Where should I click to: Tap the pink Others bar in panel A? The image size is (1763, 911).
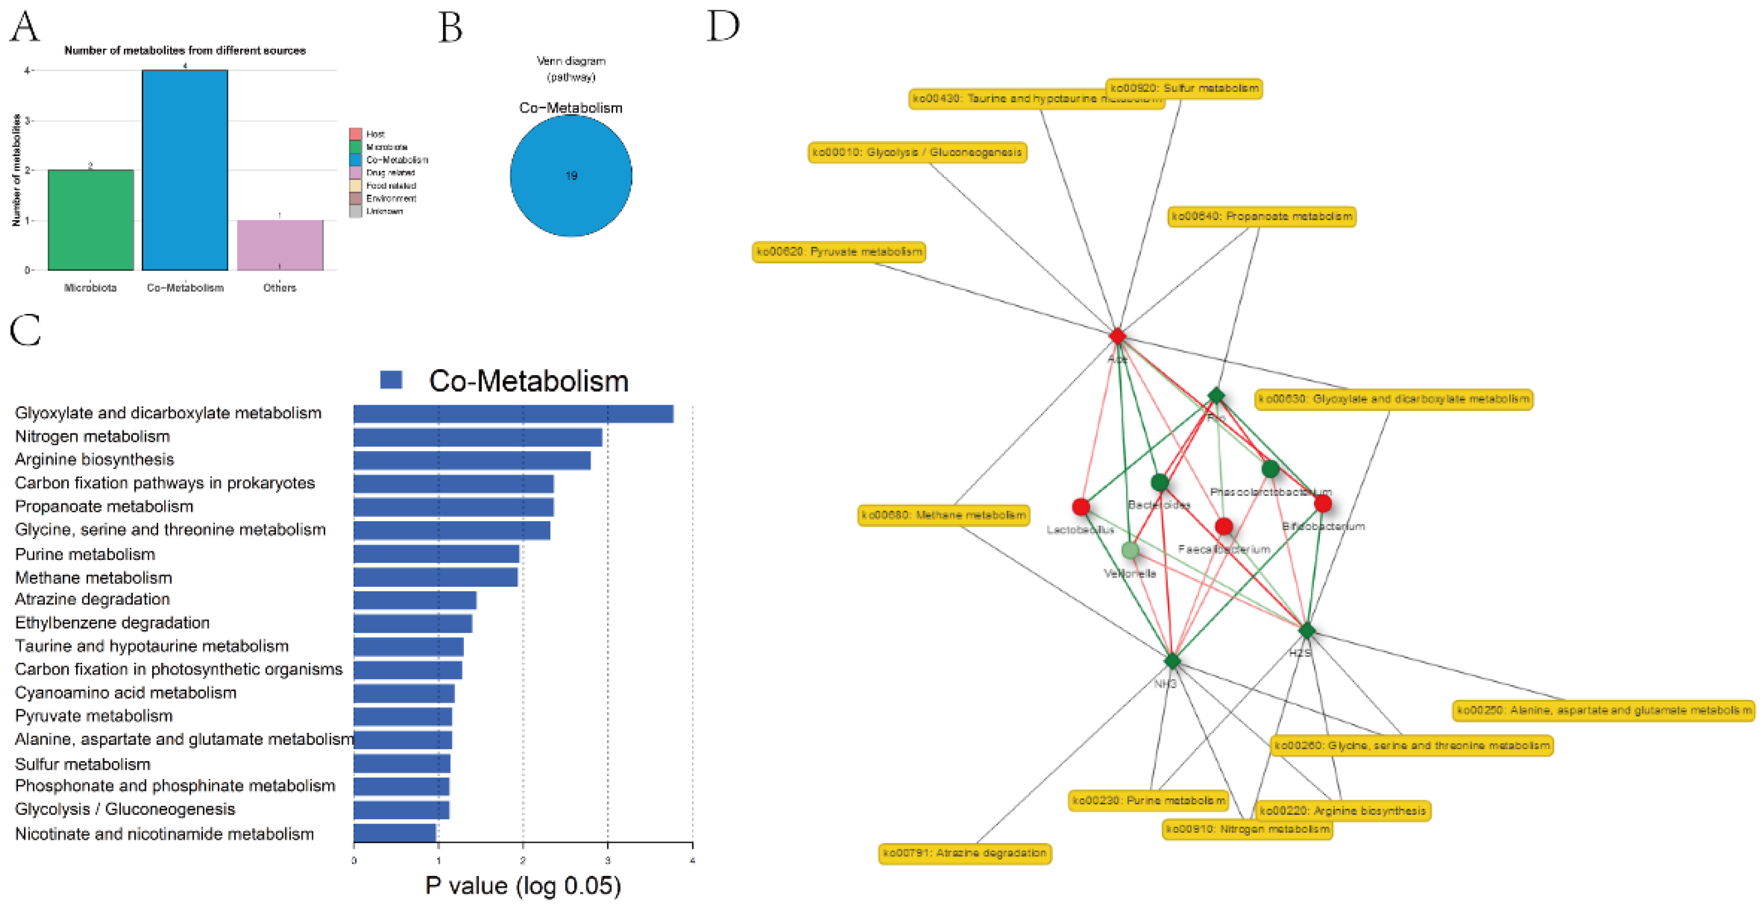click(280, 245)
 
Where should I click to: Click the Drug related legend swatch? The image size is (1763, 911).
click(355, 172)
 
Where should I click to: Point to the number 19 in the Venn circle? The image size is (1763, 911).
click(571, 176)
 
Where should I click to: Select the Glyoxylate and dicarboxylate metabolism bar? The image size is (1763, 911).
click(513, 414)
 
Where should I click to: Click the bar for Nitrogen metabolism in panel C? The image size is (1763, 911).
click(478, 437)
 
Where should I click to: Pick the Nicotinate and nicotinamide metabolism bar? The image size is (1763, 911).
click(395, 833)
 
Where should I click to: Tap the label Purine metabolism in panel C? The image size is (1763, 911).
click(85, 554)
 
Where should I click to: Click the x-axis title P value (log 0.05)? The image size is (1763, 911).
click(523, 886)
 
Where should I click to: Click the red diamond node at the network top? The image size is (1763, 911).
click(1118, 336)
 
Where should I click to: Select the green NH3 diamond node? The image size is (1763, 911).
click(1172, 661)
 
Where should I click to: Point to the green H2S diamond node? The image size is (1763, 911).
click(1306, 630)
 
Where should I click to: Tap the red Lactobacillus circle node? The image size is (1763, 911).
click(1081, 507)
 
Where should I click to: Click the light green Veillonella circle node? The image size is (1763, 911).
click(1130, 550)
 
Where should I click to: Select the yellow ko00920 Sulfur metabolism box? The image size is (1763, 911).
click(1184, 88)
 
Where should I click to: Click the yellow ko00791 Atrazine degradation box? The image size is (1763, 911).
click(964, 853)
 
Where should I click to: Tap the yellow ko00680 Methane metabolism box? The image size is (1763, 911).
click(944, 515)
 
